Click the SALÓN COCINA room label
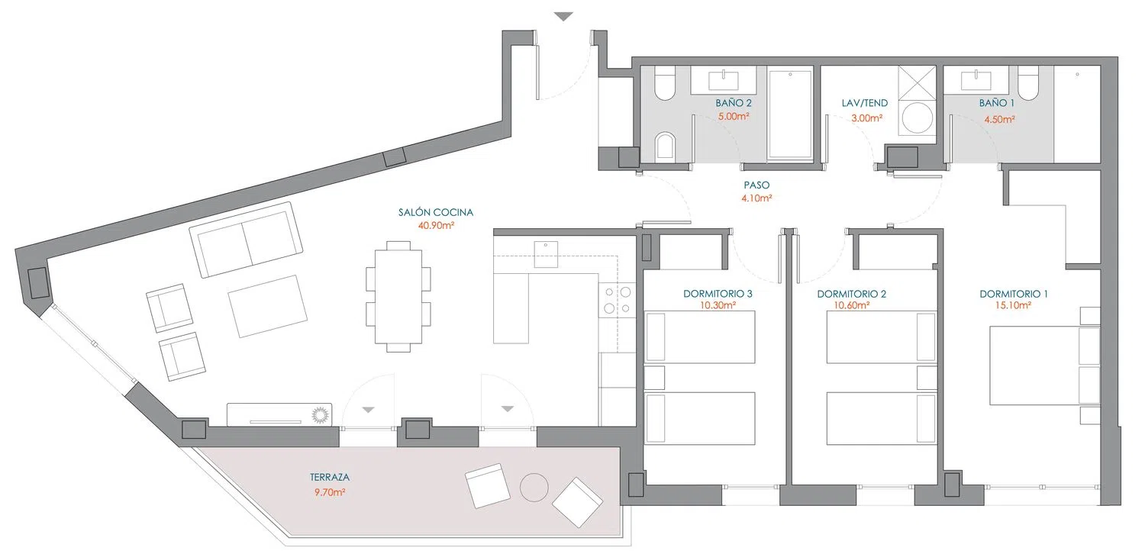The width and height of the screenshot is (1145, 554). pos(436,212)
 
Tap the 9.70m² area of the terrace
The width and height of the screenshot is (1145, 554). pos(330,492)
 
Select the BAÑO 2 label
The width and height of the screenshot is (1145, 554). pos(734,103)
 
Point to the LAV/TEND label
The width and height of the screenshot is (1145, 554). pos(865,103)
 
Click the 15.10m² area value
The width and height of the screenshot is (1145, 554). pos(1013,305)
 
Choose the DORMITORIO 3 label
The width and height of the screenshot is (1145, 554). pos(718,294)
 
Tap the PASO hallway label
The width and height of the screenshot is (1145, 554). pos(756,185)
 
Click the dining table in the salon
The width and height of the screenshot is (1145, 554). pos(398,296)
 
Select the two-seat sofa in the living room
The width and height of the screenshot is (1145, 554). pos(246,240)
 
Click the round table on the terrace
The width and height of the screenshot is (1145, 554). pos(534,487)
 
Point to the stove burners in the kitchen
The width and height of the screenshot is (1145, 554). pos(617,300)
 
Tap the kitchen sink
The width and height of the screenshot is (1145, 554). pos(546,254)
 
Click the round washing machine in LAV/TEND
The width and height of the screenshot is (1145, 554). pos(917,118)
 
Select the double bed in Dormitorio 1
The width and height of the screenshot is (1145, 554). pos(1045,366)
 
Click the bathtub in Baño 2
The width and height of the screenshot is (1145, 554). pos(790,115)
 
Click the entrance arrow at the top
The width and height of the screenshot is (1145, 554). pos(564,17)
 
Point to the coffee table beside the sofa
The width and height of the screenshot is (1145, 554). pos(268,306)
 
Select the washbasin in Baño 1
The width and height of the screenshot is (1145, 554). pos(976,79)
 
